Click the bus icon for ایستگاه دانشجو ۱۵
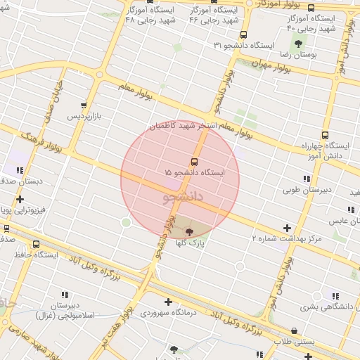195,161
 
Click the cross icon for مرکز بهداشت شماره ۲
287,228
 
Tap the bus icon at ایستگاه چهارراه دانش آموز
324,136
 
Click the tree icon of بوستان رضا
298,44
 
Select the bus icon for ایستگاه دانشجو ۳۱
243,34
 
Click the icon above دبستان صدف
20,170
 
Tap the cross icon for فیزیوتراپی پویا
20,199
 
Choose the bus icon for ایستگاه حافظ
36,245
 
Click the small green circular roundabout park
126,223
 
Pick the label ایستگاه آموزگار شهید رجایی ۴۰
311,22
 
